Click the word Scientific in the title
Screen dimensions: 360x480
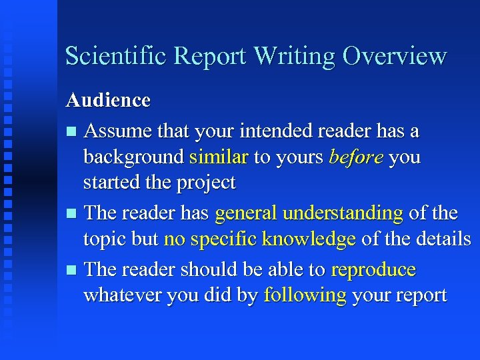[115, 56]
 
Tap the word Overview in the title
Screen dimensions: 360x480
[394, 56]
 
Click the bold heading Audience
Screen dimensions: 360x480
[108, 101]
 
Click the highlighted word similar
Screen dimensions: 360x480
[219, 157]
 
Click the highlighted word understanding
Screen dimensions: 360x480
[343, 213]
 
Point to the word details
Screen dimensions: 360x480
[443, 239]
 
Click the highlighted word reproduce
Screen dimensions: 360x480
[373, 270]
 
